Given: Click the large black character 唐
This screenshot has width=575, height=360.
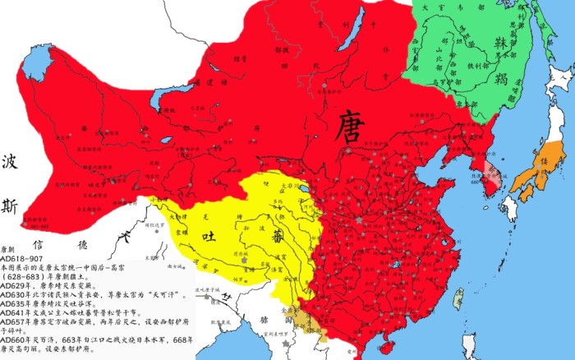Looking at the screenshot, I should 352,132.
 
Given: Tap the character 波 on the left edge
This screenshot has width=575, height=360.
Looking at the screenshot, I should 12,161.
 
